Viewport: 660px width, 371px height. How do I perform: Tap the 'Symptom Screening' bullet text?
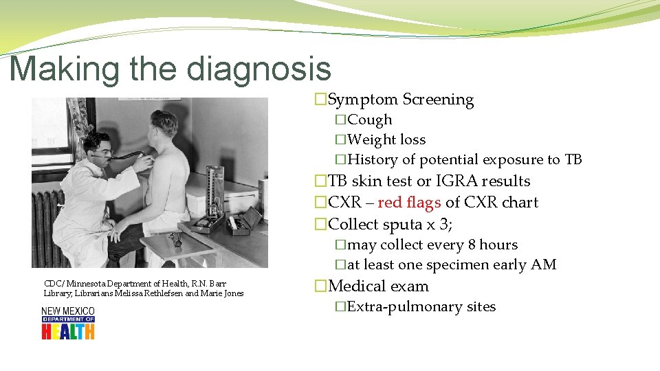(x=401, y=100)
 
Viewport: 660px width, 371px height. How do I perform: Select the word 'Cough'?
(x=370, y=120)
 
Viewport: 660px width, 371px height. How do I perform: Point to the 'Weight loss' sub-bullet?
(x=386, y=139)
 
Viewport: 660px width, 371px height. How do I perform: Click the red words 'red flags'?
(x=409, y=203)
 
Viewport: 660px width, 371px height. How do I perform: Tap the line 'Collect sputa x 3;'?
(x=390, y=224)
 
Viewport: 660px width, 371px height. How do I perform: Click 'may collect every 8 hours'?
(x=432, y=245)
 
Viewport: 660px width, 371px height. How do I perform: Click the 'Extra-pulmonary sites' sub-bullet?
(x=421, y=307)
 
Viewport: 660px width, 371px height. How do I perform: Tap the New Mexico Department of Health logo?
(x=67, y=323)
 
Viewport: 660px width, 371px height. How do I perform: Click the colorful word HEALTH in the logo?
(x=67, y=332)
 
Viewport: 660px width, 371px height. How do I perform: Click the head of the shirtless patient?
(x=164, y=125)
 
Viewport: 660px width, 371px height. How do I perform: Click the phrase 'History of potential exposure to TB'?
(x=465, y=159)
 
